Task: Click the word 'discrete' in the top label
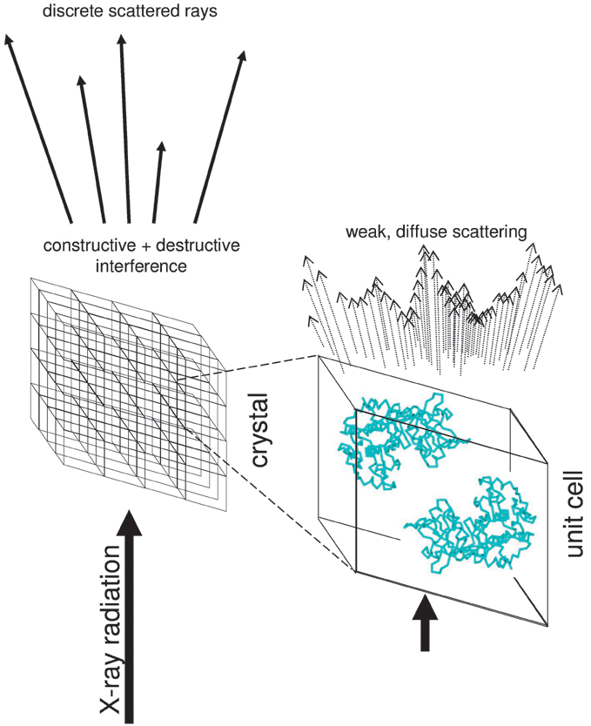62,12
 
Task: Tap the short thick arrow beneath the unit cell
424,622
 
